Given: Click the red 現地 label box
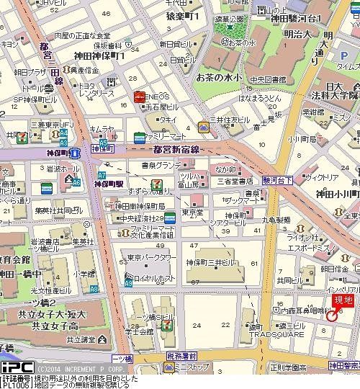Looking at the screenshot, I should point(341,300).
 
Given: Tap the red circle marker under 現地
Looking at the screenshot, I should point(332,316).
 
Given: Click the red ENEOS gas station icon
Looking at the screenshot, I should point(138,96).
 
